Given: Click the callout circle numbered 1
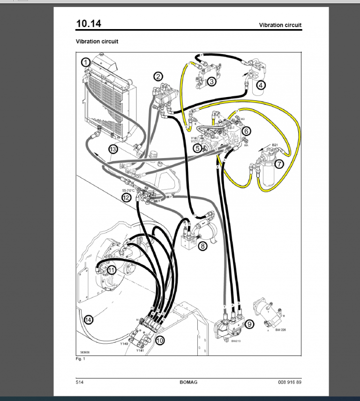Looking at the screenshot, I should [85, 62].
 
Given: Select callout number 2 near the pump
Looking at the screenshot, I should [159, 76].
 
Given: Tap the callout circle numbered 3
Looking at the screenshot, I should [212, 82].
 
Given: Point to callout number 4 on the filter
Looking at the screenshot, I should [261, 85].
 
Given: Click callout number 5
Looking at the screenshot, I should [198, 148].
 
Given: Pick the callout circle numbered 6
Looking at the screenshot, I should [247, 131].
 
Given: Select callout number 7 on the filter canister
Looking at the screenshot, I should [279, 164].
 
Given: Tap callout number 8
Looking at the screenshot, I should [202, 245].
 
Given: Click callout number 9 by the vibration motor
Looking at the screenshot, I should [249, 324].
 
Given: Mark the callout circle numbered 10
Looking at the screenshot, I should [160, 341].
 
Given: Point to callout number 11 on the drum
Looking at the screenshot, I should [112, 270].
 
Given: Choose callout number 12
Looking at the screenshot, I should [127, 198].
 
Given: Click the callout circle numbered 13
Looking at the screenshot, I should [112, 150].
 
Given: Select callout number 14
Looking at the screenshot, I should [88, 320].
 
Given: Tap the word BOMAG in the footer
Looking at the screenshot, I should [188, 382].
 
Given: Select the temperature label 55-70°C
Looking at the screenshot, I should [128, 190].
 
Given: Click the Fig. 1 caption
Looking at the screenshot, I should [80, 359].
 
